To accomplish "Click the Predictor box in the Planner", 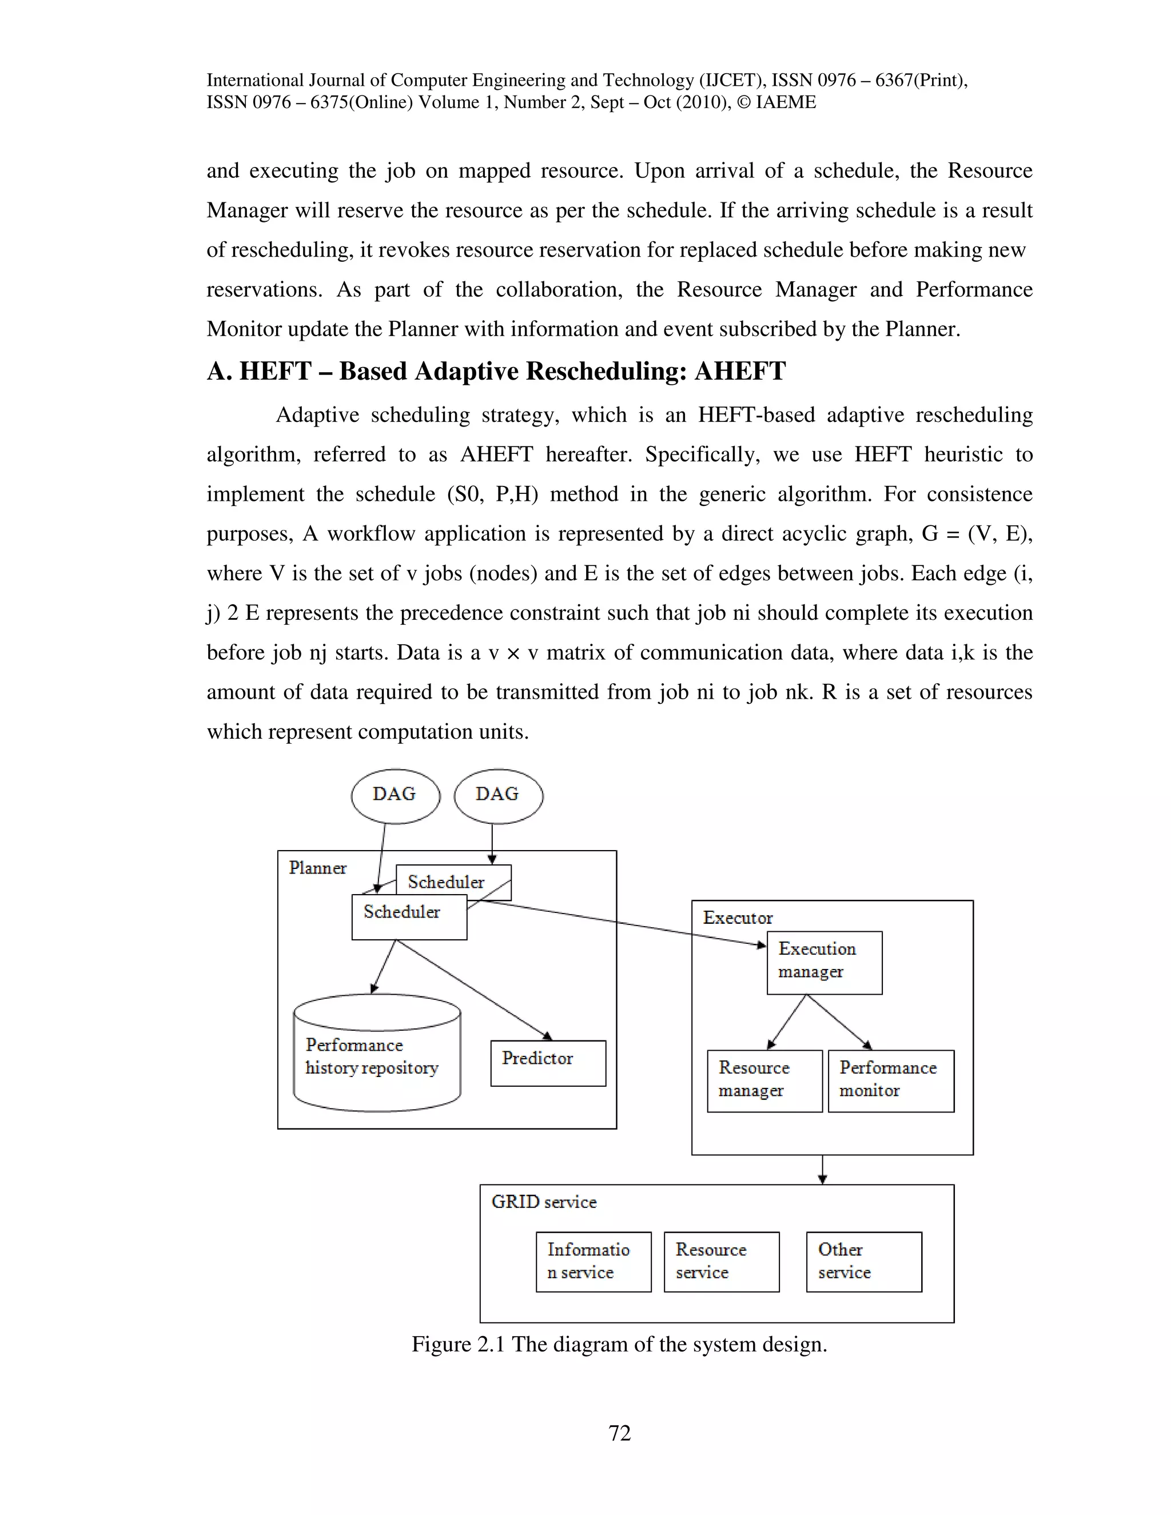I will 547,1063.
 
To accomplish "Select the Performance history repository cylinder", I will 377,1054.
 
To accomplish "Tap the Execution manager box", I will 823,962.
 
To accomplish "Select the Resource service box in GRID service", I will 721,1262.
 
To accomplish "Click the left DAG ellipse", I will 396,795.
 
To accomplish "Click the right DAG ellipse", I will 498,795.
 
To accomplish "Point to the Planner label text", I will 317,868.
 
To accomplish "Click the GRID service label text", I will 543,1202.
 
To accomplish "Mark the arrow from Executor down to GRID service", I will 822,1170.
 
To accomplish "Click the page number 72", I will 619,1433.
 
